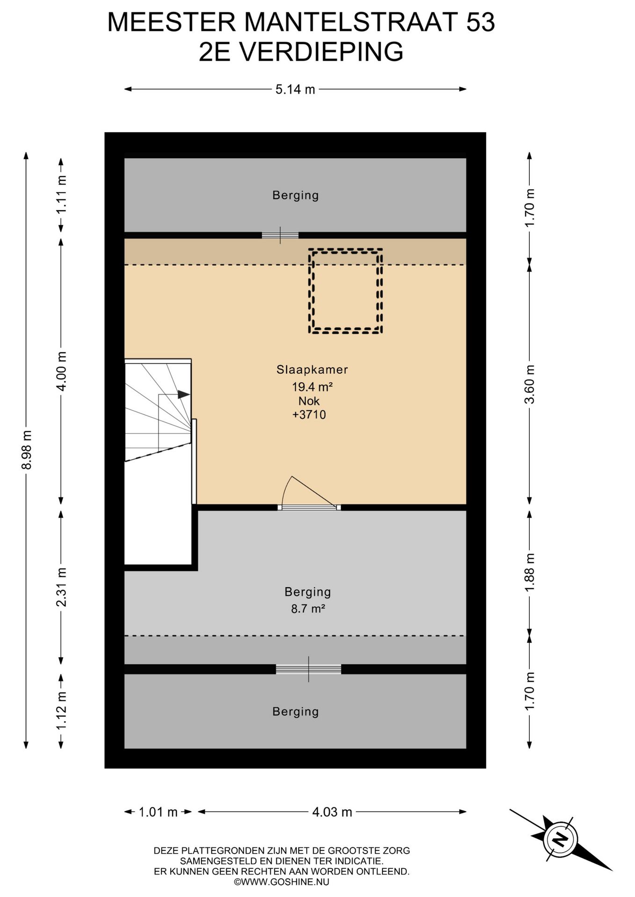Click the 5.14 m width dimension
(x=295, y=89)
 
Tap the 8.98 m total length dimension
(x=28, y=450)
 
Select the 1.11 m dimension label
(x=61, y=194)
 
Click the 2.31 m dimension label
(x=61, y=587)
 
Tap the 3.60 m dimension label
(x=529, y=384)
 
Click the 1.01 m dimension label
(x=158, y=812)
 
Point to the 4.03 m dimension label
(x=332, y=812)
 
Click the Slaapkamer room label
(x=312, y=370)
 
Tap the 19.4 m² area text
(x=312, y=387)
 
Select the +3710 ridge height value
(x=309, y=414)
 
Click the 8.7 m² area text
(x=308, y=609)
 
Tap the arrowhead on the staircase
(x=184, y=395)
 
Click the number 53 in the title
(x=480, y=22)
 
